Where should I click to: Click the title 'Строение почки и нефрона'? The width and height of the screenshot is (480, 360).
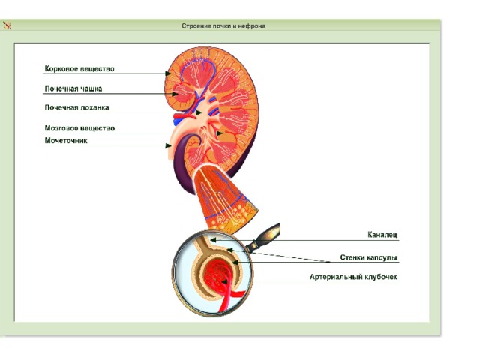tap(223, 26)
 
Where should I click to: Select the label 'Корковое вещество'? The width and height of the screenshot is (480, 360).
tap(79, 68)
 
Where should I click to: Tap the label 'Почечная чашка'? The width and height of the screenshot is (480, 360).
tap(73, 88)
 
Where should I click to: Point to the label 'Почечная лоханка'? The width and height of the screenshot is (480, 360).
tap(76, 107)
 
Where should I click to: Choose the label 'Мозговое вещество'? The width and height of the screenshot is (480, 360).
tap(79, 128)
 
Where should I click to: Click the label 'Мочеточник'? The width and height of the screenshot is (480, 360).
tap(66, 141)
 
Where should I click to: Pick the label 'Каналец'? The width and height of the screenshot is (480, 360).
tap(382, 235)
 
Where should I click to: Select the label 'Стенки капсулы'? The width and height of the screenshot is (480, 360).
tap(368, 257)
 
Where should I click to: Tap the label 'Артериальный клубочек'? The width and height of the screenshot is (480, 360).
tap(353, 277)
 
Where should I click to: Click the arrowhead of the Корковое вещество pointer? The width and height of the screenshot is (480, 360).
tap(168, 73)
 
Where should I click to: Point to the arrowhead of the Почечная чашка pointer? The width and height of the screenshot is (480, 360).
tap(175, 94)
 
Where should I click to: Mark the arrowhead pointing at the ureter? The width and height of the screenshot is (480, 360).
tap(168, 145)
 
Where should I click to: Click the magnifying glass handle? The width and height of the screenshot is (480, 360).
tap(263, 237)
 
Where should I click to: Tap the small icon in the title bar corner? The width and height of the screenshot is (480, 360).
tap(7, 25)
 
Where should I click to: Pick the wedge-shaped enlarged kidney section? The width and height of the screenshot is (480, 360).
tap(225, 200)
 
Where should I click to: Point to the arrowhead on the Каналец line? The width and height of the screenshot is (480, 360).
tap(213, 240)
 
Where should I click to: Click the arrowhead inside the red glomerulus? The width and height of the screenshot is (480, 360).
tap(224, 281)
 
